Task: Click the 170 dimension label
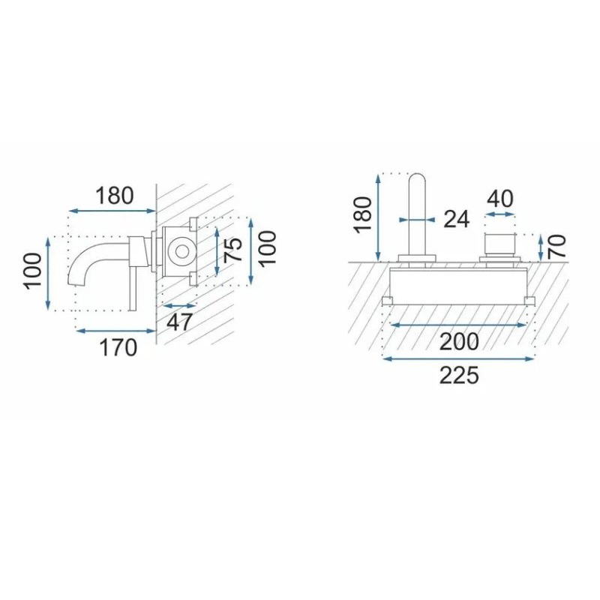(118, 348)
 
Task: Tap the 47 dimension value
(179, 322)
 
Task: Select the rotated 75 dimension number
(233, 250)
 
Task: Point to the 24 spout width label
(456, 219)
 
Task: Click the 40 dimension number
(500, 199)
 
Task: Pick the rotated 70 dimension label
(556, 246)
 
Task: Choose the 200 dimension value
(459, 341)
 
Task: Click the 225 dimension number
(459, 376)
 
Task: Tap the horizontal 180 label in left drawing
(115, 196)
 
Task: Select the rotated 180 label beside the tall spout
(362, 214)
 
